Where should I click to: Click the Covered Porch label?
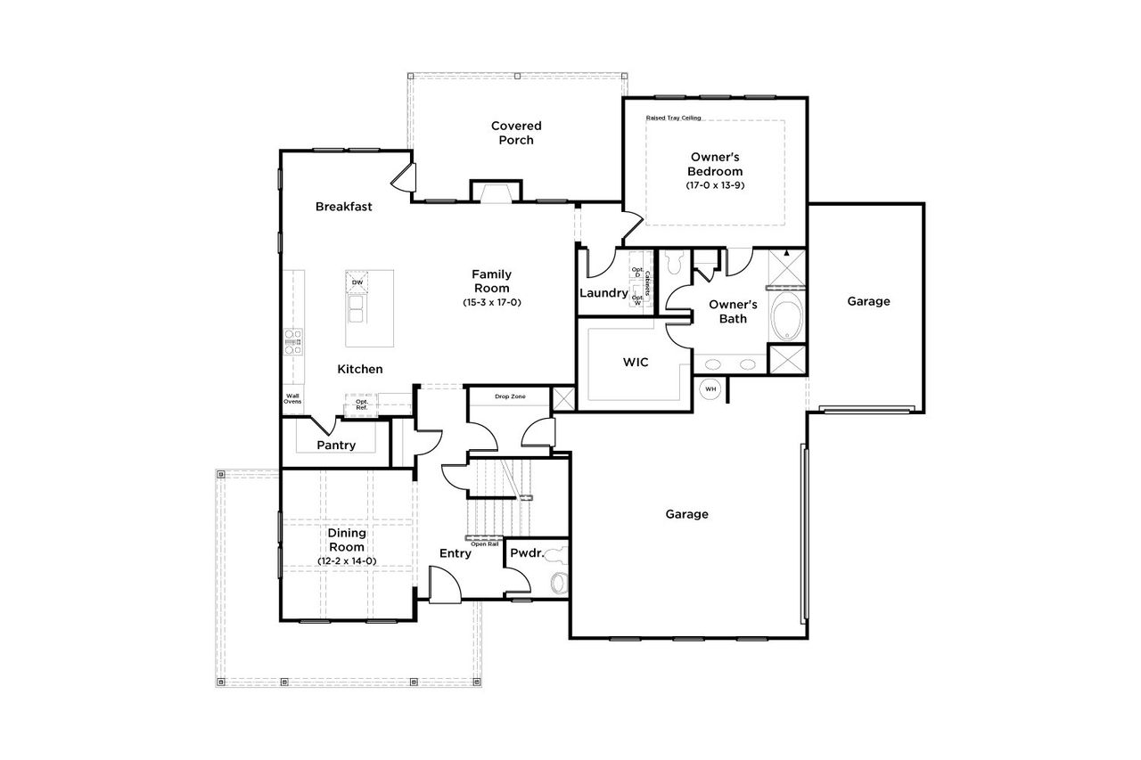[x=516, y=133]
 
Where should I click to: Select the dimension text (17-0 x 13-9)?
[x=714, y=185]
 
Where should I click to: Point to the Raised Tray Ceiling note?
[x=673, y=117]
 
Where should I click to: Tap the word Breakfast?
[x=343, y=207]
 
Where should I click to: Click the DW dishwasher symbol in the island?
[x=357, y=282]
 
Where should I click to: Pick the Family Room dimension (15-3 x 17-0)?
[x=491, y=303]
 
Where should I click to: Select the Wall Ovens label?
[x=292, y=398]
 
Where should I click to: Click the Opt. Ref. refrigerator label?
[x=362, y=404]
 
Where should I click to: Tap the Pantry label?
[x=336, y=445]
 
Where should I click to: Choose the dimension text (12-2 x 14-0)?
[x=347, y=561]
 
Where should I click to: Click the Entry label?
[x=455, y=553]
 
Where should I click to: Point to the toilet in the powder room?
[x=558, y=582]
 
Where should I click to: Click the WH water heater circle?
[x=710, y=388]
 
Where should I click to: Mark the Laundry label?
[x=603, y=293]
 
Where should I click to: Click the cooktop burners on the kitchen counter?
[x=293, y=342]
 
